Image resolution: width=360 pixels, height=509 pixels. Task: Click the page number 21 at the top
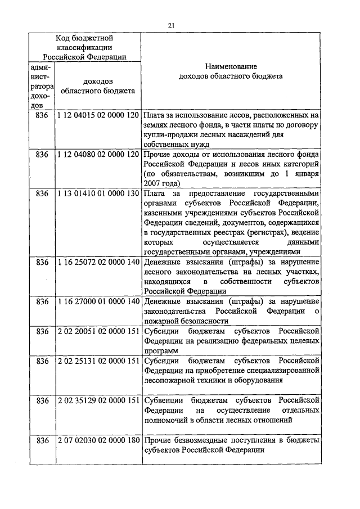[172, 25]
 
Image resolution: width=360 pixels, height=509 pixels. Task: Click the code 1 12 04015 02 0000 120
[98, 115]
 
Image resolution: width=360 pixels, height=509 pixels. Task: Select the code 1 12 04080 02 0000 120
[98, 154]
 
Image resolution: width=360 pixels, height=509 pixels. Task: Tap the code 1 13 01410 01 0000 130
[98, 193]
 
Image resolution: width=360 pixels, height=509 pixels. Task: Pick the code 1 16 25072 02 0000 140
[98, 262]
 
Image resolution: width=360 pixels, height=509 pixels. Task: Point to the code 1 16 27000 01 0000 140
[98, 301]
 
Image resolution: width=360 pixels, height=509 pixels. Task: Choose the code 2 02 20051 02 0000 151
[98, 331]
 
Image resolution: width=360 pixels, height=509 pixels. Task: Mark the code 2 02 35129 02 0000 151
[98, 400]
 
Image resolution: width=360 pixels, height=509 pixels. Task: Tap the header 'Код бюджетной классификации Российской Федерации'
[84, 47]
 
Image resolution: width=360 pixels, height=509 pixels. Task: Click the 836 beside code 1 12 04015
[42, 115]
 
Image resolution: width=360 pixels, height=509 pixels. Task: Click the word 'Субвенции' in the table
[163, 400]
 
